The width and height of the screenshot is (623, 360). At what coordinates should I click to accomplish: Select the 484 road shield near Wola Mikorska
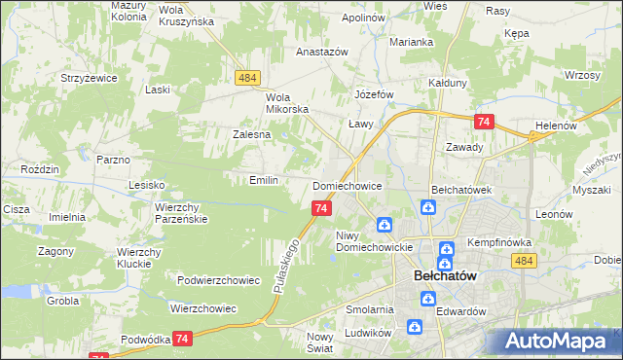[246, 77]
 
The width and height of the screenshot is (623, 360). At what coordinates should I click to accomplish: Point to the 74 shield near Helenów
[485, 122]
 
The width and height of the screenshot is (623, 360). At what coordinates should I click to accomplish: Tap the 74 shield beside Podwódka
[182, 338]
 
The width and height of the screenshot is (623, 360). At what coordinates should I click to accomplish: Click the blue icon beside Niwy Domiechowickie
[385, 226]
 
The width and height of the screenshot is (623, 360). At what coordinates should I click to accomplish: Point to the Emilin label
[264, 180]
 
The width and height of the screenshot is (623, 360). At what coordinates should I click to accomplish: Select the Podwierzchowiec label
[219, 280]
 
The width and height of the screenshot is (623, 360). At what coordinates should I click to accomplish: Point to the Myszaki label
[591, 190]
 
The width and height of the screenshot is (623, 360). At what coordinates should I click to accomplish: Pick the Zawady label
[464, 147]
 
